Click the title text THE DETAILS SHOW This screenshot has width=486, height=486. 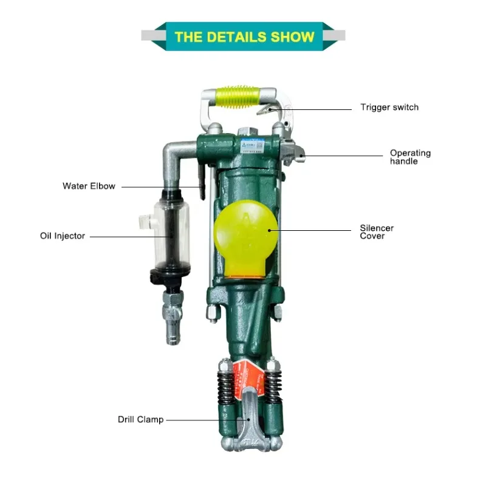(x=244, y=36)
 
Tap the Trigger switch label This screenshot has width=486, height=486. (x=389, y=108)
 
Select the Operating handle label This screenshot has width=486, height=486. (x=410, y=157)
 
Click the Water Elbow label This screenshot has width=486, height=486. (x=89, y=186)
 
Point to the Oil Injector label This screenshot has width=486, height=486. (x=63, y=236)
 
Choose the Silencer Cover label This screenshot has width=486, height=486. (x=377, y=232)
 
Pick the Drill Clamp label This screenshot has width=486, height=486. (x=140, y=419)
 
